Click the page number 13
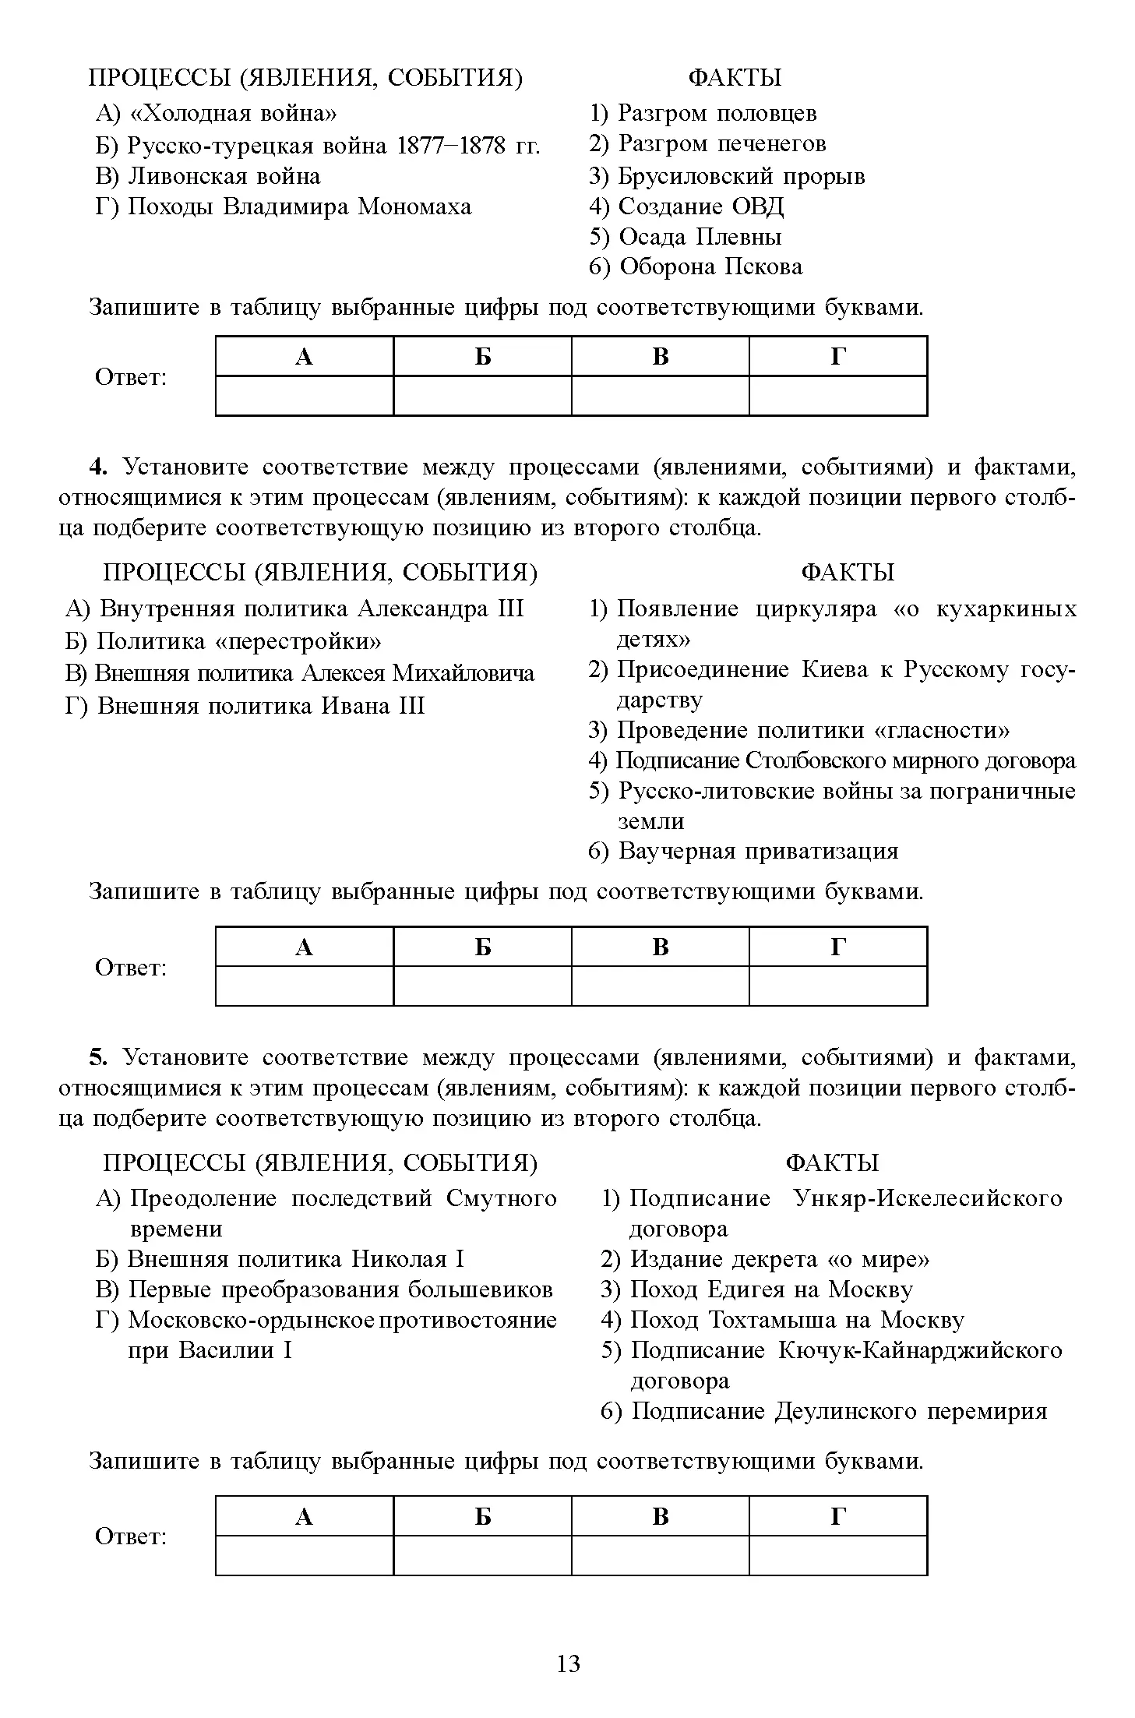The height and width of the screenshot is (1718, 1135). [569, 1664]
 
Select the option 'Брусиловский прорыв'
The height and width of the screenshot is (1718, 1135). [741, 176]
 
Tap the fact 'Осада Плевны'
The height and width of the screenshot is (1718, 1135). [700, 237]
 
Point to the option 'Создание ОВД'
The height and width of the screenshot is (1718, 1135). [700, 206]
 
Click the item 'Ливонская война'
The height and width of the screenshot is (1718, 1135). [224, 176]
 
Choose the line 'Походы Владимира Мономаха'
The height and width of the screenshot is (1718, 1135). [299, 206]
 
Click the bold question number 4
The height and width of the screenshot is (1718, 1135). [97, 467]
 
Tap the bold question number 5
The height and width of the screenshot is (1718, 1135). [97, 1057]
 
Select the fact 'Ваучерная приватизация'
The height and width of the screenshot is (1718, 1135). [758, 851]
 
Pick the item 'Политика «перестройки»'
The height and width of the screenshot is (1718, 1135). [239, 641]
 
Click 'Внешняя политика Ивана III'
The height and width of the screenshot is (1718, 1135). [261, 706]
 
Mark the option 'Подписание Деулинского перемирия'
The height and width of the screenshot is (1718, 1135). [838, 1411]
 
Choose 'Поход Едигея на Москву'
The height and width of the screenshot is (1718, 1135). [770, 1289]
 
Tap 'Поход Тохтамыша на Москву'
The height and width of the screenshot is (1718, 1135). [796, 1320]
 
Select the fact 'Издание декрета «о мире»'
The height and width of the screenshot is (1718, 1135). [779, 1259]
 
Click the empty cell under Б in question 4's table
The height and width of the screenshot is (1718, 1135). [482, 986]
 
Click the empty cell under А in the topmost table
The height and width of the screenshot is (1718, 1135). [305, 396]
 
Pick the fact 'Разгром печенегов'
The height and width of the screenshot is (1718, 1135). [721, 144]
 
